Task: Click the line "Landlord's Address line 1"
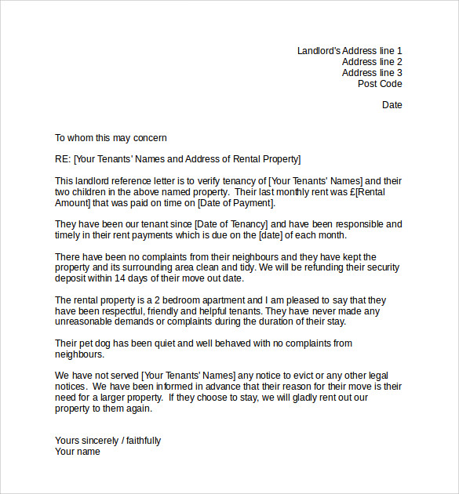349,51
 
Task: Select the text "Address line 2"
372,62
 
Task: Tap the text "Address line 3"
372,73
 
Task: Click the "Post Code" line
380,84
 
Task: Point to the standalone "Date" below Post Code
392,104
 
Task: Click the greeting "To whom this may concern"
111,138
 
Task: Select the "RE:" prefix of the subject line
63,159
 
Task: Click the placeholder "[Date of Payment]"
235,203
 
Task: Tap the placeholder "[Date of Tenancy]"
231,224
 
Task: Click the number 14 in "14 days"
120,278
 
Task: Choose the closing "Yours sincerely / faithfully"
107,441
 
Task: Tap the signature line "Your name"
77,452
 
